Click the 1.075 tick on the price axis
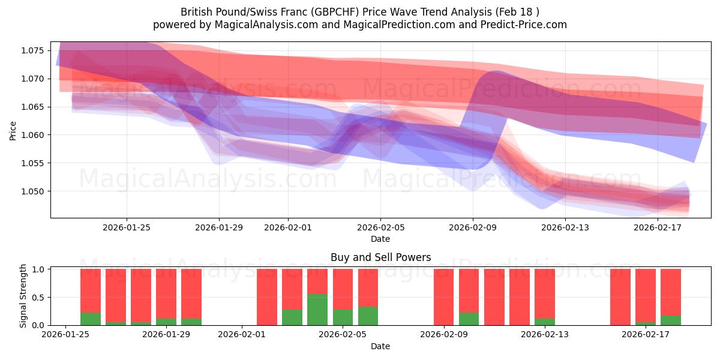click(x=35, y=50)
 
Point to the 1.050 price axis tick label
click(x=35, y=191)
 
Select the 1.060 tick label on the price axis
click(x=35, y=135)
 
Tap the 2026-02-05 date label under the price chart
click(x=380, y=227)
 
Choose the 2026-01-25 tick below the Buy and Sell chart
click(x=65, y=335)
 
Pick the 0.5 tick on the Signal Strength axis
click(x=38, y=298)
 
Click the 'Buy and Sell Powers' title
click(x=380, y=258)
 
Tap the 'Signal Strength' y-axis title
click(x=23, y=296)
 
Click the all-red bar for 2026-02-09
click(x=443, y=297)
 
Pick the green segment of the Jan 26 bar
click(x=91, y=319)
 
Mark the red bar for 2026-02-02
click(x=267, y=297)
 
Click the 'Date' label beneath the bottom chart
click(x=380, y=346)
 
